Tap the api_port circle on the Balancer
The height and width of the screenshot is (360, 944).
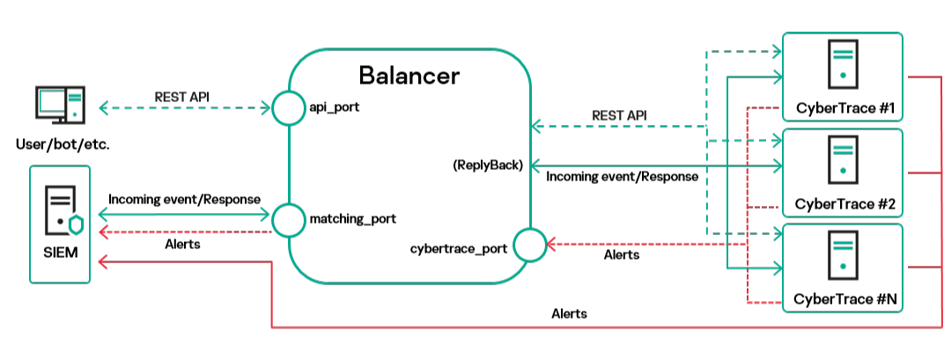pos(288,108)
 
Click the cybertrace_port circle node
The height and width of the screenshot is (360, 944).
pos(529,245)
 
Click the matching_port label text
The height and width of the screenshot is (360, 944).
pos(351,217)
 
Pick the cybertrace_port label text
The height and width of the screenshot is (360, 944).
pos(459,248)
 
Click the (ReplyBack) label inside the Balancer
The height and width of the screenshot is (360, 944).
pos(488,165)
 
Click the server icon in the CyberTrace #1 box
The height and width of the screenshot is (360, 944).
pos(843,65)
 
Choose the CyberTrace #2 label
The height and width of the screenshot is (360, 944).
pos(843,204)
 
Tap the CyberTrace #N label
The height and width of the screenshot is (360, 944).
pos(843,299)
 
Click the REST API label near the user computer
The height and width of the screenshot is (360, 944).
pos(182,96)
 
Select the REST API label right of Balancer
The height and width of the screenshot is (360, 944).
pos(619,114)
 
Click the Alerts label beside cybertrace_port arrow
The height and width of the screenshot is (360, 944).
pos(622,255)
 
